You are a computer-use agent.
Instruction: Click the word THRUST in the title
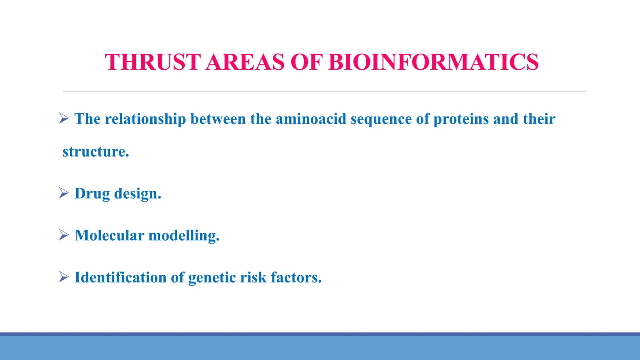coord(152,62)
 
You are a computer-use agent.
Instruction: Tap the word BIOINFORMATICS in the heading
coord(433,62)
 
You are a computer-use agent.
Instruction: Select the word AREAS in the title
coord(245,62)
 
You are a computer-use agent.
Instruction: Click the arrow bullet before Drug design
coord(64,193)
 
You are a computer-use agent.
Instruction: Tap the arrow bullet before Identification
coord(64,277)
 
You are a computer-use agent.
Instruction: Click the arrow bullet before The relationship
coord(64,118)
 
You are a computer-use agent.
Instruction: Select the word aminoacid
coord(311,119)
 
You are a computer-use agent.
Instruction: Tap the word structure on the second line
coord(96,152)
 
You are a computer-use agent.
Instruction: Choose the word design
coord(137,194)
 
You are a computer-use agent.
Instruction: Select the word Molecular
coord(109,235)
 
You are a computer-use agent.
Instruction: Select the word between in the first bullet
coord(218,119)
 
